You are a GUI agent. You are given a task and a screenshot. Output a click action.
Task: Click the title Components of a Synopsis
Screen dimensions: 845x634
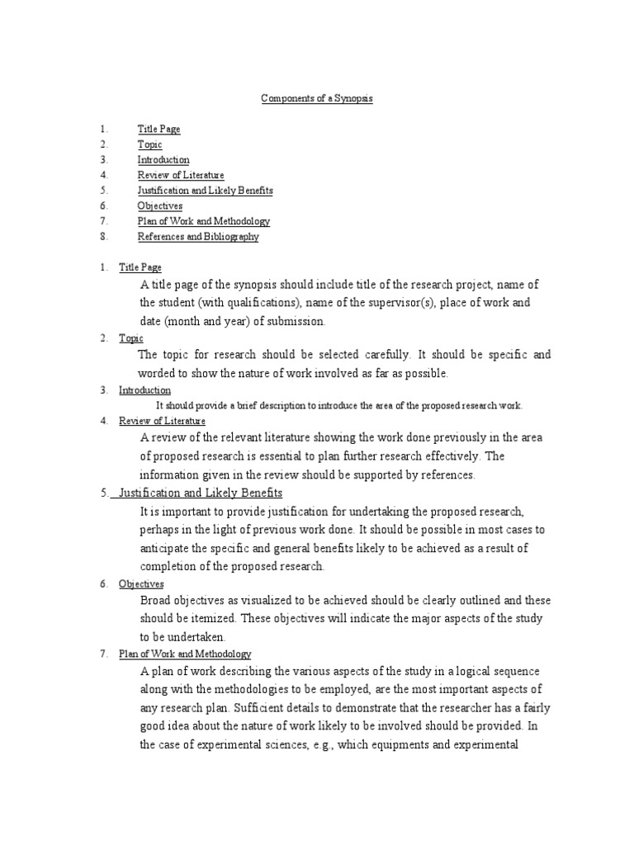(x=317, y=98)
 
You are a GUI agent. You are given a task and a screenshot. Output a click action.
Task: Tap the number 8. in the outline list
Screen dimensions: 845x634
(x=103, y=237)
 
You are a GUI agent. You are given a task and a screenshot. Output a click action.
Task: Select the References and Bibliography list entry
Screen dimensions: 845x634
(x=198, y=237)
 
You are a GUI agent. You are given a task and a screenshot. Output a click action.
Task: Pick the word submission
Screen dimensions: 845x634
(x=296, y=321)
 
